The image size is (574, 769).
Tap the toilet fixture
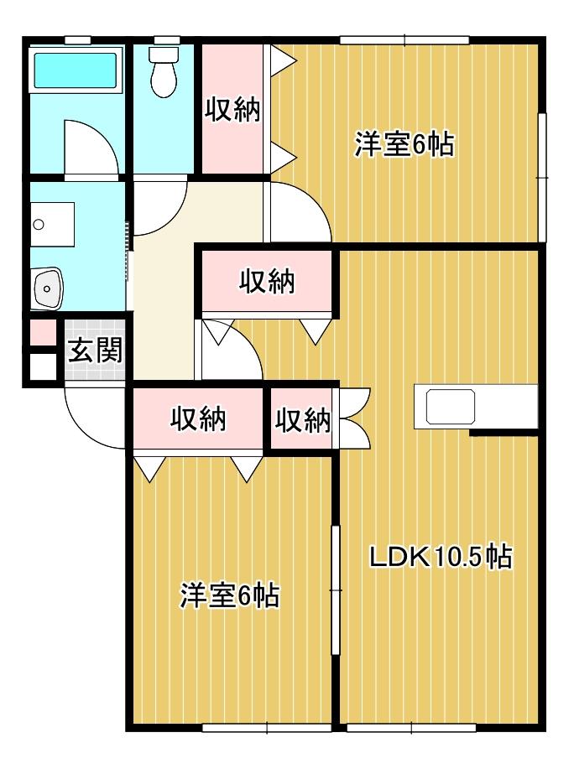(162, 70)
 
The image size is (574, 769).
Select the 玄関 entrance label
(95, 350)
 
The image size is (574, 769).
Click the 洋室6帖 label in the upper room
(404, 144)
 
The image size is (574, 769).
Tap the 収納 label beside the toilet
(232, 110)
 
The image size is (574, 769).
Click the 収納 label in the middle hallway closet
(268, 283)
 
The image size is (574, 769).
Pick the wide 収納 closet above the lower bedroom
(198, 418)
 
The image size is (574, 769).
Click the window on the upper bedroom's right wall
(543, 176)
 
